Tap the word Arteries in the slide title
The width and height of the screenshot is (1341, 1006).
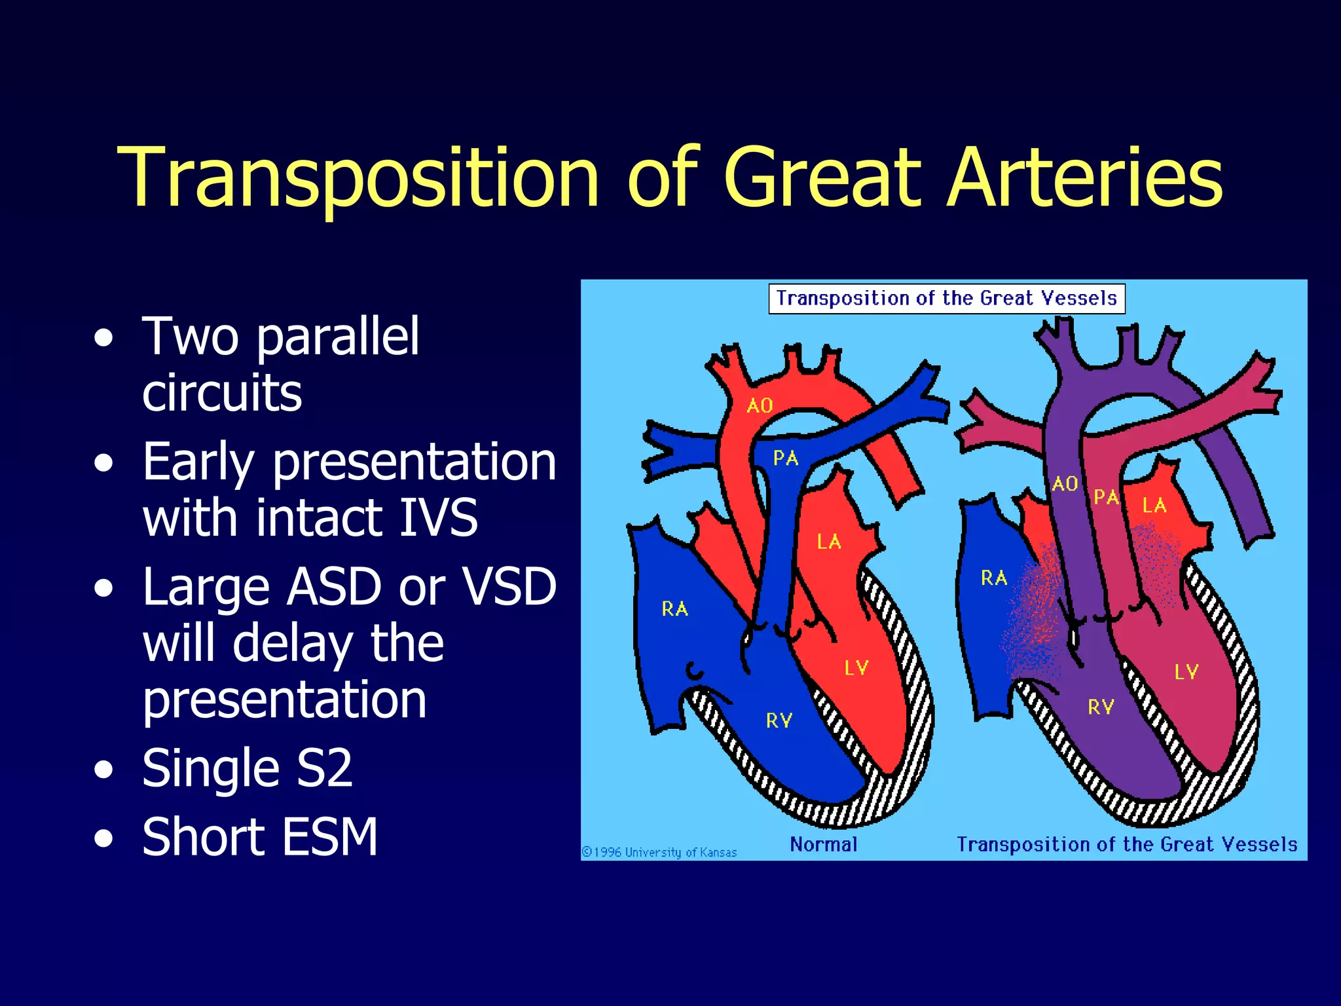click(x=1084, y=178)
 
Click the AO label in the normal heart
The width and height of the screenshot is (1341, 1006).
click(x=760, y=406)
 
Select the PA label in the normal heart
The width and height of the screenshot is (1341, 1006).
click(x=786, y=458)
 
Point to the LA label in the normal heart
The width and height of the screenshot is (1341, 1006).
click(x=829, y=542)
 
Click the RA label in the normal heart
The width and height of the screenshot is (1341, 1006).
click(x=675, y=609)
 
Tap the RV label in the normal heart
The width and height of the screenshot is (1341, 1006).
click(x=779, y=721)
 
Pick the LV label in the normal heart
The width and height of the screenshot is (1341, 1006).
click(x=856, y=668)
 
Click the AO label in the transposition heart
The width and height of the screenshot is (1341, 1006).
click(x=1065, y=484)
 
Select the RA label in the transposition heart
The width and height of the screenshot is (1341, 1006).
click(x=994, y=578)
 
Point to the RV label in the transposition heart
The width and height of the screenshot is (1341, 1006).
click(x=1101, y=707)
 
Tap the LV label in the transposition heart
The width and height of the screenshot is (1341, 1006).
click(x=1186, y=672)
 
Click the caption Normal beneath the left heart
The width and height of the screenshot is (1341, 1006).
click(x=824, y=844)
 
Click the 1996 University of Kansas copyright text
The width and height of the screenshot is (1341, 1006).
click(x=659, y=852)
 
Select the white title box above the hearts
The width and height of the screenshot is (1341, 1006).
click(x=947, y=299)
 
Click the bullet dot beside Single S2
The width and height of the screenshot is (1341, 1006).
click(x=103, y=770)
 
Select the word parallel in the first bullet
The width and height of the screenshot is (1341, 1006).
click(x=338, y=337)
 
